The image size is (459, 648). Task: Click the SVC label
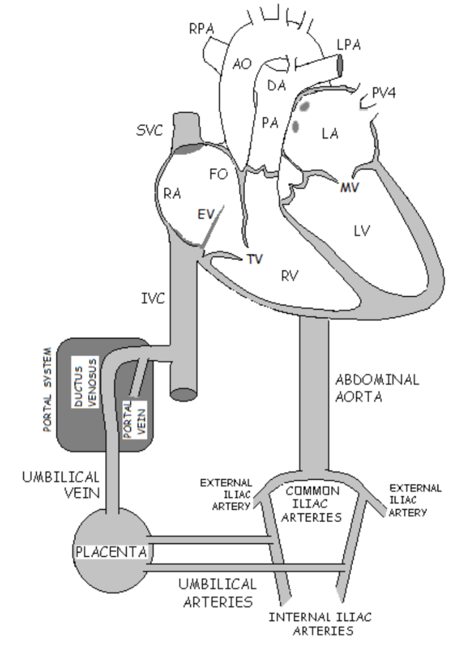click(149, 130)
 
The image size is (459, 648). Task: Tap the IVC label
click(153, 299)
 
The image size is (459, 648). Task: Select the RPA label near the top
click(202, 29)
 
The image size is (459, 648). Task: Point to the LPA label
click(349, 45)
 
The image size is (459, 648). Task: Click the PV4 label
click(384, 92)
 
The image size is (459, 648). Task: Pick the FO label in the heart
click(219, 175)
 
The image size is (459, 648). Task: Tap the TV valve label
click(255, 259)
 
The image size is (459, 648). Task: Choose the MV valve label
click(349, 187)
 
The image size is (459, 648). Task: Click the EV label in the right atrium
click(206, 214)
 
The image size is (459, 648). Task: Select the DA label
click(277, 85)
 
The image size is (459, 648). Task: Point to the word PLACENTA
click(111, 552)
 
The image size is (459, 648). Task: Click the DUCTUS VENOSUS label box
click(85, 382)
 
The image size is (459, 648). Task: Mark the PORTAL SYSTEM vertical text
click(48, 390)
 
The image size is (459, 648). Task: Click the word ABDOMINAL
click(377, 380)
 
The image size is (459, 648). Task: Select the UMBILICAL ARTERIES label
click(218, 593)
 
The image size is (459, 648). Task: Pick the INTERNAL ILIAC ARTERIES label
click(320, 624)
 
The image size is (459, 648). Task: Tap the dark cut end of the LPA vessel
click(340, 66)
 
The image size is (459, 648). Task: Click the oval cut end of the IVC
click(183, 395)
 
